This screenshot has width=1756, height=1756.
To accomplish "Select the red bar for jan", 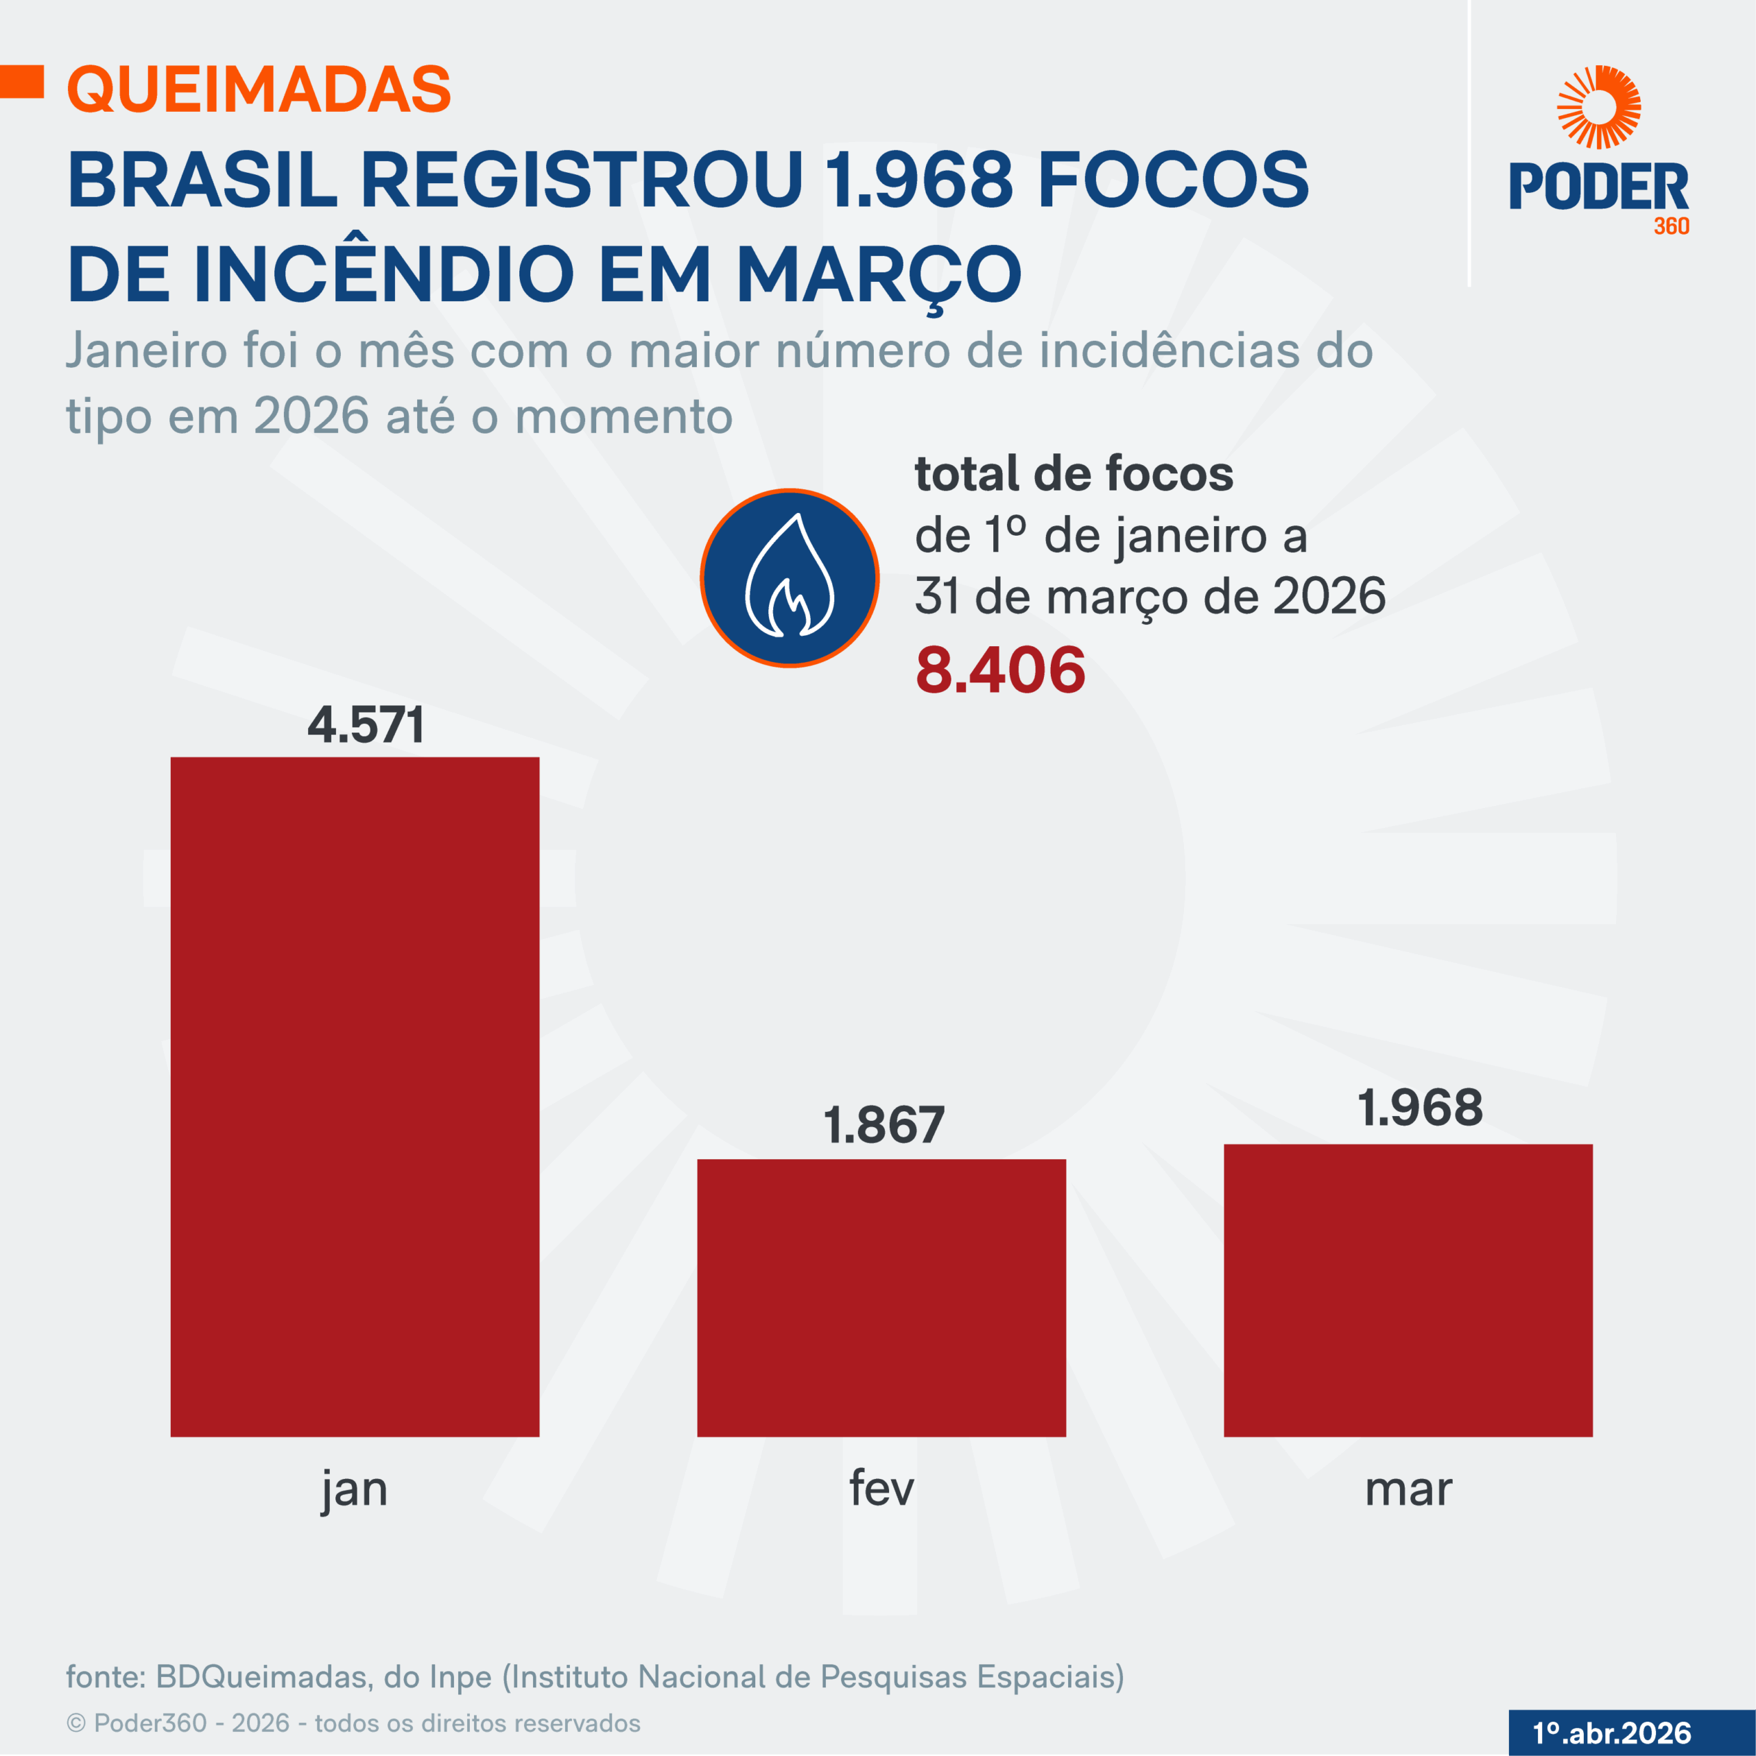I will click(355, 1096).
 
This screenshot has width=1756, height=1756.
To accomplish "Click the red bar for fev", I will click(881, 1297).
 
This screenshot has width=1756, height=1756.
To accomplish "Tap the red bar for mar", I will click(1408, 1290).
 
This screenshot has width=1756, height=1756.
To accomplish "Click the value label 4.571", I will click(366, 725).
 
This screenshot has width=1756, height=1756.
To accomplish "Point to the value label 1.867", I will click(883, 1125).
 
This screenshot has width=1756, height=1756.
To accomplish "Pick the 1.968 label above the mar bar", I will click(1420, 1108).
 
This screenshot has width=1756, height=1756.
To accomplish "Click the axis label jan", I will click(355, 1488).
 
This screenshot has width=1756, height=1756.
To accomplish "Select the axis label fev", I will click(881, 1488).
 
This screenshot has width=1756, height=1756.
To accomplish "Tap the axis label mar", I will click(1408, 1488).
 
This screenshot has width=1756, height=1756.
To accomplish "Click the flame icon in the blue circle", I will click(789, 578).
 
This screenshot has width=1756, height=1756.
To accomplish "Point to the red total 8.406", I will click(1000, 670).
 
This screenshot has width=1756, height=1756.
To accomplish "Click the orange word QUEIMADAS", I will click(259, 89).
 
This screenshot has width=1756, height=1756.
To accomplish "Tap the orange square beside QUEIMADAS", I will click(22, 82).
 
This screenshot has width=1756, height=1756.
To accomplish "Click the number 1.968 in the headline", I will click(918, 179).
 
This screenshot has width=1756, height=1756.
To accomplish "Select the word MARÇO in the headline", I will click(878, 274).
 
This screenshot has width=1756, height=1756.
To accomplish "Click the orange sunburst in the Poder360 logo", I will click(1599, 106).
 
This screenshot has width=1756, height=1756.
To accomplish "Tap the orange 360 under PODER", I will click(1670, 226).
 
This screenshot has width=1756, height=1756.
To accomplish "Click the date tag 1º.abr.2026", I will click(1611, 1733).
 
